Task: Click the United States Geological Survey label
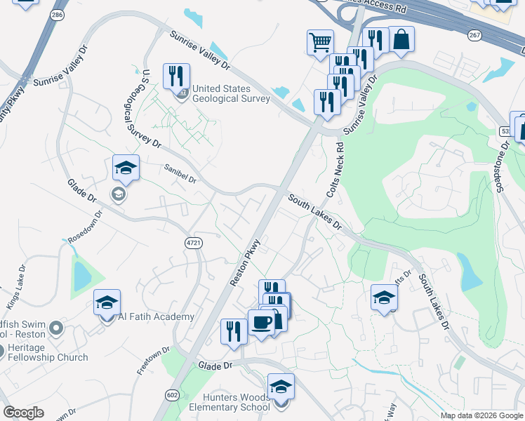click(231, 93)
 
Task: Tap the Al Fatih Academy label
click(156, 317)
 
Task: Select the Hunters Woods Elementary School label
click(230, 401)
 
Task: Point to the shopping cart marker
click(320, 42)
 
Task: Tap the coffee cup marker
click(262, 322)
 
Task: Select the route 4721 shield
click(194, 242)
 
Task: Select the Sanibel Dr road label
click(180, 173)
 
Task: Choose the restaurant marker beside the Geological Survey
click(176, 75)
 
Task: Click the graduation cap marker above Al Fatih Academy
click(106, 302)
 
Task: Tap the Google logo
click(23, 413)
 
